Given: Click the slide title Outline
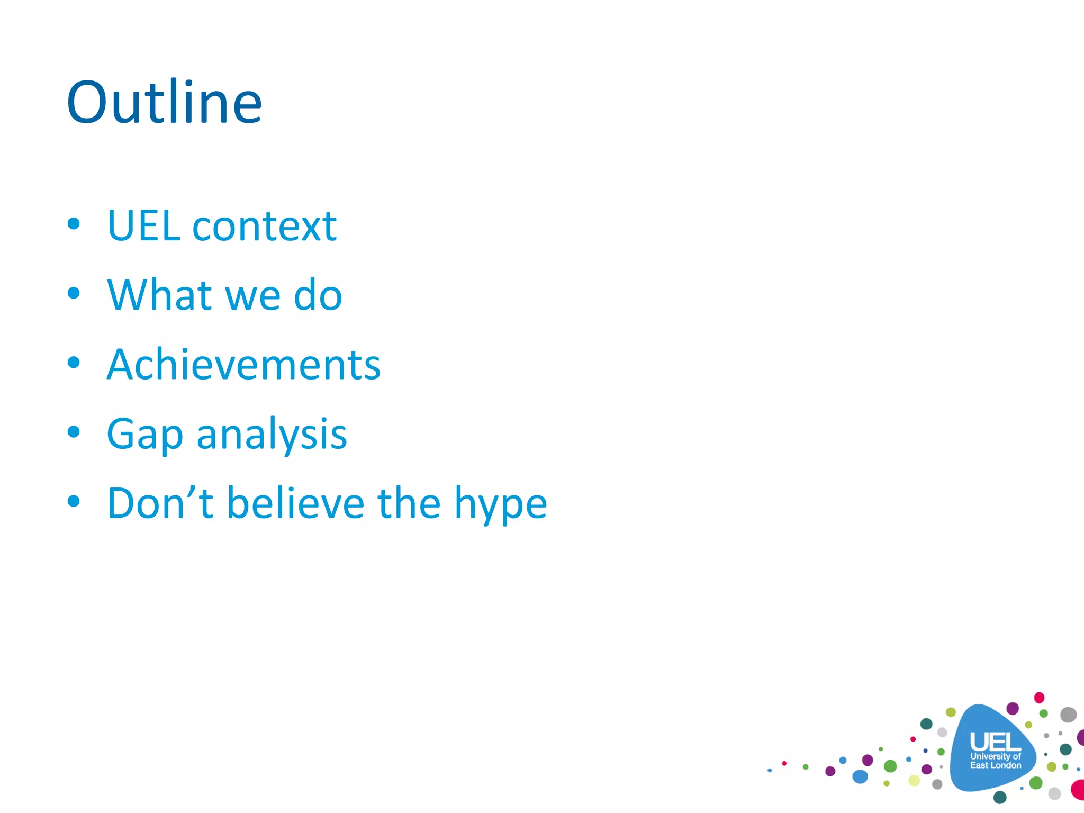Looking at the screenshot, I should click(x=164, y=103).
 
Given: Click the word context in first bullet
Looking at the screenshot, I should click(x=264, y=226).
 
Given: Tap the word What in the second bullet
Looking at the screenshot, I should click(x=159, y=295).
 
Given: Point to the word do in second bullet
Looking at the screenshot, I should click(x=318, y=295).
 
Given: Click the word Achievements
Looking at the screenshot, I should click(x=243, y=365).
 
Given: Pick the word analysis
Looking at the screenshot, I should click(x=272, y=434).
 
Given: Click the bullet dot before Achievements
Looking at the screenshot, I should click(x=74, y=363).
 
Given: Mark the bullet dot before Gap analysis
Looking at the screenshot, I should click(x=74, y=432).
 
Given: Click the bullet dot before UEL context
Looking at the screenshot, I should click(x=74, y=224).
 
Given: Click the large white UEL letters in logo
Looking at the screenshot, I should click(x=995, y=742).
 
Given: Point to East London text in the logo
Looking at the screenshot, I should click(x=995, y=765).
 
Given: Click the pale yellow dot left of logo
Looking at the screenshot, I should click(x=914, y=780).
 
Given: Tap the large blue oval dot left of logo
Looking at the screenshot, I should click(x=860, y=776).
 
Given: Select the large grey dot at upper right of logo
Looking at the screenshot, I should click(x=1068, y=715).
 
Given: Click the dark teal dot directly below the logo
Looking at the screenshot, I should click(x=1000, y=797).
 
